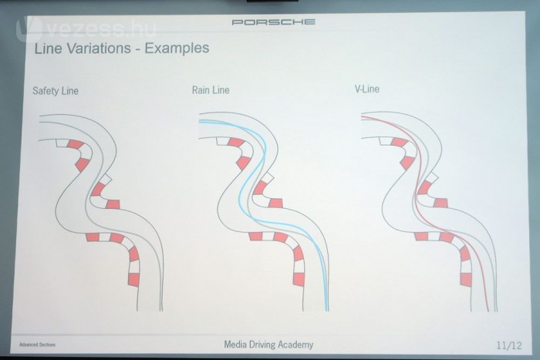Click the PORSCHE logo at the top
tap(273, 22)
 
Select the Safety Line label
tap(56, 91)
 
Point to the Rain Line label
tap(211, 90)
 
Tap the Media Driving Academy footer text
tap(268, 345)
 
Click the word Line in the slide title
tap(47, 49)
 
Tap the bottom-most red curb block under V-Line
tap(465, 278)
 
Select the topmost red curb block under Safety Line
tap(75, 144)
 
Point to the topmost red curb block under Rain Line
tap(238, 143)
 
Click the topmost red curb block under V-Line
tap(399, 142)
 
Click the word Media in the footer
tap(235, 345)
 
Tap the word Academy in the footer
tap(297, 345)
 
